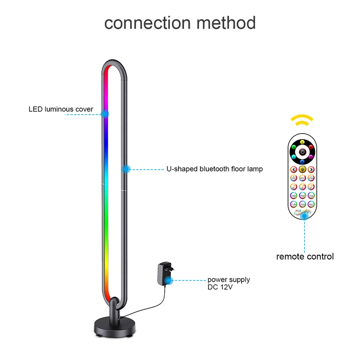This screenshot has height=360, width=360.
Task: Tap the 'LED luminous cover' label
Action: [x=61, y=109]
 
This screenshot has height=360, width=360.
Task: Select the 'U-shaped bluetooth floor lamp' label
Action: [x=215, y=169]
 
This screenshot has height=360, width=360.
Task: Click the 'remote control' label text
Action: [x=305, y=257]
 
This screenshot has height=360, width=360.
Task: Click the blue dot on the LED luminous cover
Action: [x=105, y=114]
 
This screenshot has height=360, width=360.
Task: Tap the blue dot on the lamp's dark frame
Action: [x=126, y=169]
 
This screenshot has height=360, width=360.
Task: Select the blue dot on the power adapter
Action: [x=169, y=280]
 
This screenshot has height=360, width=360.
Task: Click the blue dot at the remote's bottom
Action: [x=305, y=216]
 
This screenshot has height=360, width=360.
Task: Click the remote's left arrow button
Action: [x=293, y=170]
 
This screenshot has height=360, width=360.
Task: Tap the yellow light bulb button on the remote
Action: [x=302, y=170]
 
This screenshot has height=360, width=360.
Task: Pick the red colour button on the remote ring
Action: [x=311, y=147]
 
